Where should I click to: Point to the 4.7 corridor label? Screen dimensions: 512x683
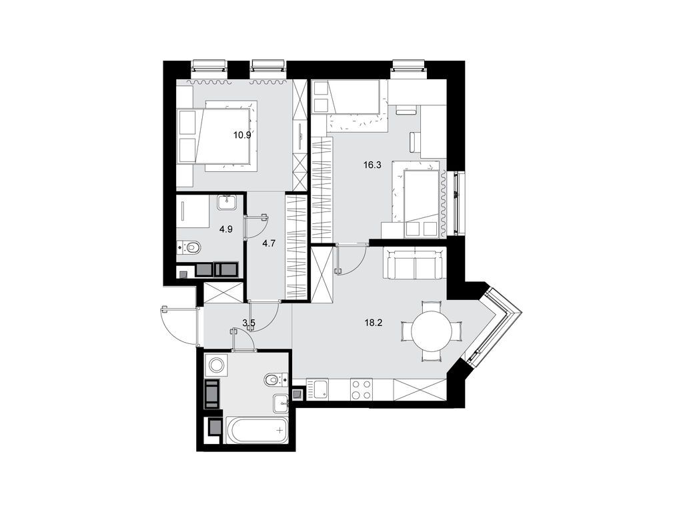pos(269,244)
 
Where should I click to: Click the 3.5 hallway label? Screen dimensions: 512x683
pos(249,324)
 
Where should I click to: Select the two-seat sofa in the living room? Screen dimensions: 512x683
pos(414,265)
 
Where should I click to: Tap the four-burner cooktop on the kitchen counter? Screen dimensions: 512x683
pos(361,389)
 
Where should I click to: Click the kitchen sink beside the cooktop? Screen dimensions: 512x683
pos(319,389)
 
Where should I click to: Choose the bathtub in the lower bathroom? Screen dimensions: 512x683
pos(257,431)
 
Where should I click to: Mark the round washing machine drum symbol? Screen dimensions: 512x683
pos(217,365)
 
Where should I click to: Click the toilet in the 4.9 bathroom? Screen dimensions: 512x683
pos(191,248)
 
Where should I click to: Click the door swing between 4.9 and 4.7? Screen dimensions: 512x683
pos(255,226)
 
